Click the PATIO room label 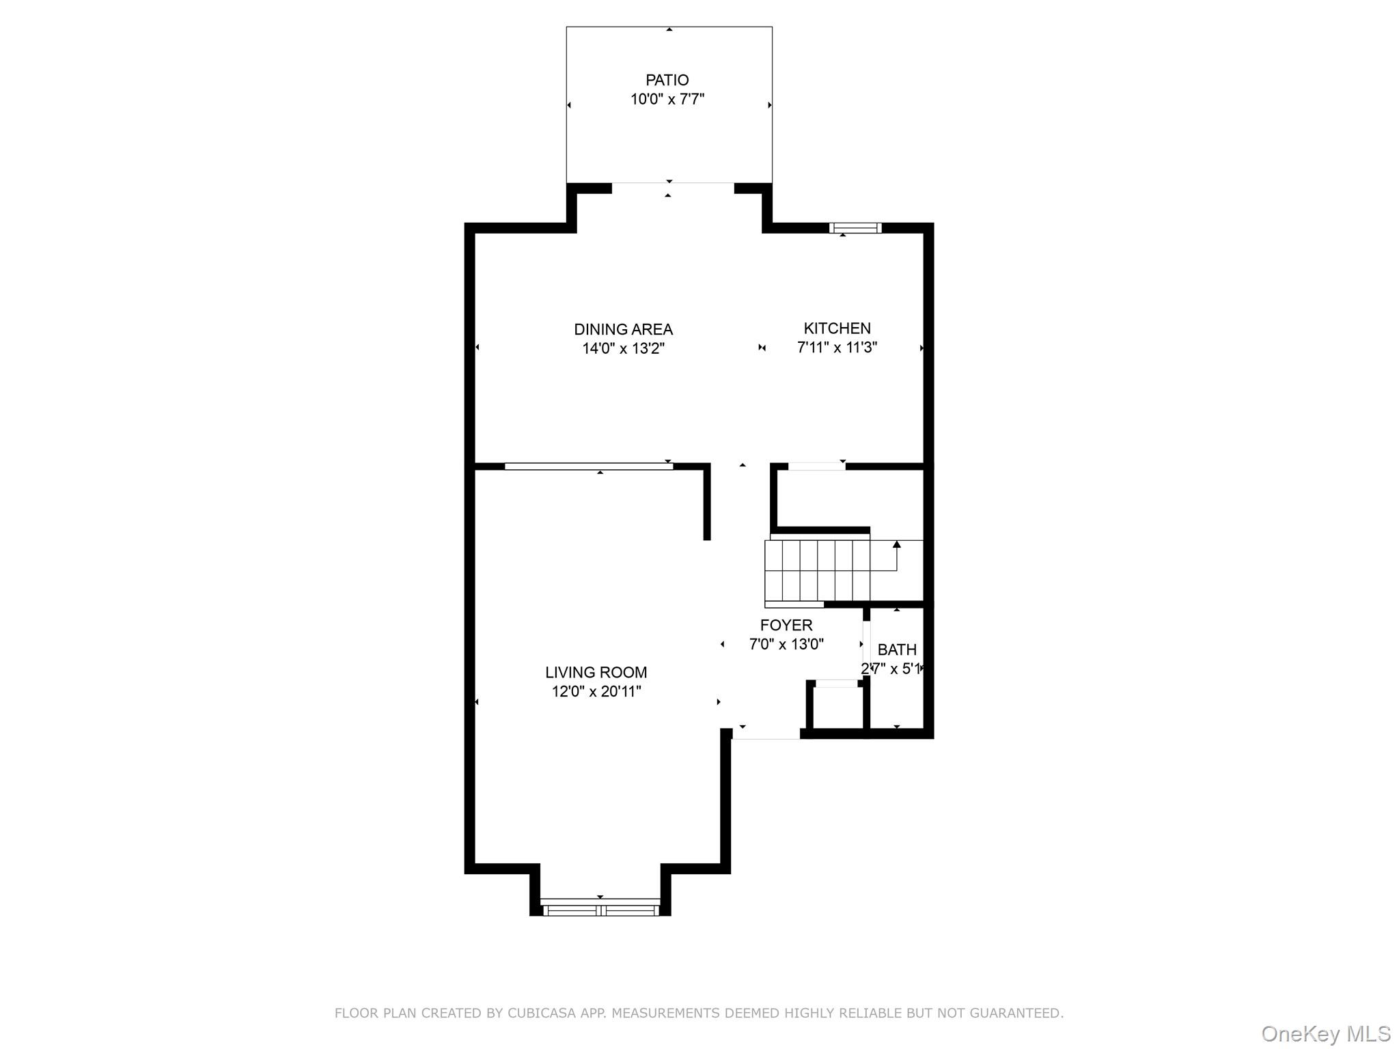[x=667, y=80]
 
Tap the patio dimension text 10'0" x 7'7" [x=667, y=100]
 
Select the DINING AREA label [x=623, y=329]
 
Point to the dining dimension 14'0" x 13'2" [x=623, y=349]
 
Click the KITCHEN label [x=837, y=328]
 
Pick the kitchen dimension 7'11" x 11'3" [x=837, y=348]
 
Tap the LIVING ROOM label [x=596, y=672]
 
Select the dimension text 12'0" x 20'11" [x=596, y=692]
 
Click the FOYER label [x=786, y=625]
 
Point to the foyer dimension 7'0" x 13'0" [x=786, y=644]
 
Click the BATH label [x=896, y=649]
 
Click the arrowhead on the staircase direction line [x=896, y=544]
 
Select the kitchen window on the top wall [x=855, y=228]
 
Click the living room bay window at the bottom [x=600, y=910]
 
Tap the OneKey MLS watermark [x=1325, y=1034]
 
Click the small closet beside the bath [x=837, y=708]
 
